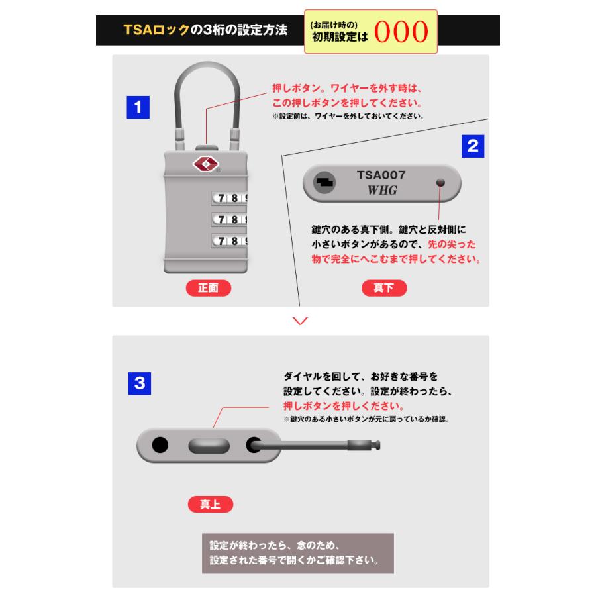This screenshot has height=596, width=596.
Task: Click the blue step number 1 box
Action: (137, 107)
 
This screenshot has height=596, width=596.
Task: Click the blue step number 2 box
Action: (472, 146)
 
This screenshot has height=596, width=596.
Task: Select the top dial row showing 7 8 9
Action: (229, 198)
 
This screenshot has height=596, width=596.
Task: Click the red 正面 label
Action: (208, 288)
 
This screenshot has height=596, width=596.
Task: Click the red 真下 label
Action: (384, 288)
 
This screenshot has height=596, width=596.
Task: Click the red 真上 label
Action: (210, 504)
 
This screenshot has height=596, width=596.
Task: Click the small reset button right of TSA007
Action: (440, 183)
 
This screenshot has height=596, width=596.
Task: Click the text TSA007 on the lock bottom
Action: (381, 175)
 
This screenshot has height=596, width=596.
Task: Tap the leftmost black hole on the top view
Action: (160, 446)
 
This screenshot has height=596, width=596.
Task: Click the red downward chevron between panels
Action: (300, 321)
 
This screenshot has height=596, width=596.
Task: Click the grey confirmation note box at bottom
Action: (297, 554)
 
